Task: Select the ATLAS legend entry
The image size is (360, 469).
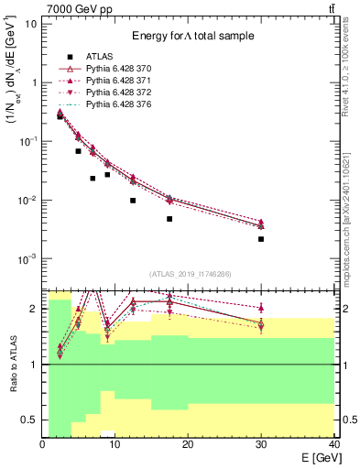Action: tap(99, 57)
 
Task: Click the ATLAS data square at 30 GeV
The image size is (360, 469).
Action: tap(261, 239)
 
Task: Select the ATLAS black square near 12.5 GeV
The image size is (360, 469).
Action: tap(133, 201)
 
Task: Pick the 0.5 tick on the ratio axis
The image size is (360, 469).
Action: tap(29, 420)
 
